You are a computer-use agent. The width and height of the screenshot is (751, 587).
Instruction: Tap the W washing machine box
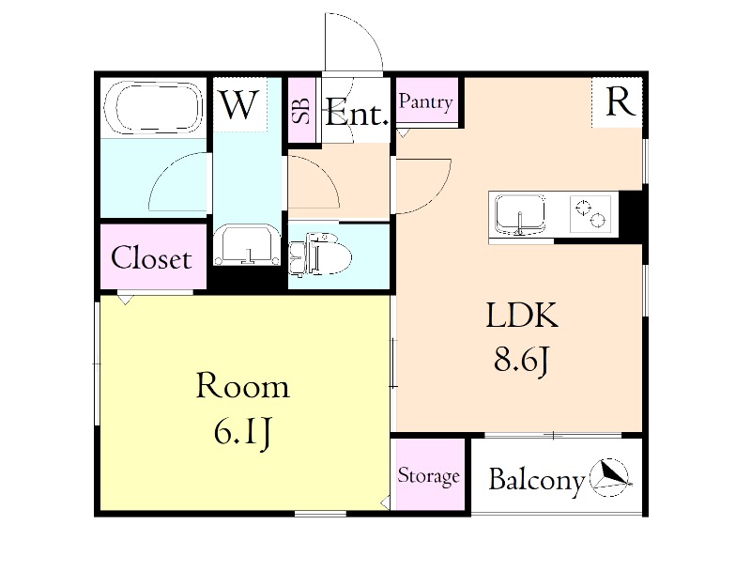tap(238, 104)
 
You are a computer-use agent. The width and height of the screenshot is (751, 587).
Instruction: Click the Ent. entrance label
tap(357, 116)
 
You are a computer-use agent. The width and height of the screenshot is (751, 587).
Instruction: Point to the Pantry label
tap(426, 102)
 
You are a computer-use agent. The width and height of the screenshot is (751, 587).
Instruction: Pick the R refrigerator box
tap(619, 102)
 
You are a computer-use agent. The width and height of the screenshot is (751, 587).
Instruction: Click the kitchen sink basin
tap(518, 214)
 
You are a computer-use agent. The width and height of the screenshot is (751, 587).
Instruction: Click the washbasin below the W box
tap(247, 246)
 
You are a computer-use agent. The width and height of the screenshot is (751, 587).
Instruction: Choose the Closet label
tap(152, 258)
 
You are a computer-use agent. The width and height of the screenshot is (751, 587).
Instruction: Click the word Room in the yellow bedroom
tap(242, 387)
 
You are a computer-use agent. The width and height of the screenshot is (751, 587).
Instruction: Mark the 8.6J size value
tap(521, 360)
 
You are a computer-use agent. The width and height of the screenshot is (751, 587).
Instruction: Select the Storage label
tap(429, 476)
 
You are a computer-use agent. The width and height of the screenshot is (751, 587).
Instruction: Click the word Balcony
tap(536, 480)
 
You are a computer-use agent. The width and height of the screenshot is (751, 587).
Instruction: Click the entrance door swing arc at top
tap(355, 42)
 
